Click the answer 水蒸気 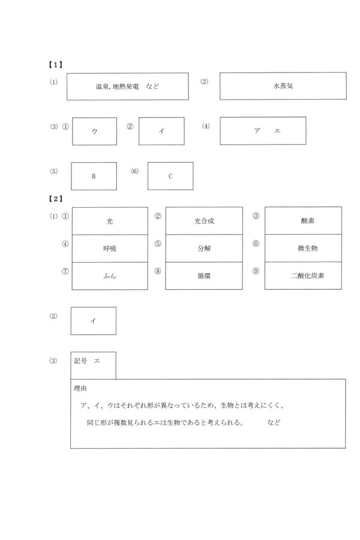coord(283,86)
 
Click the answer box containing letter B coord(94,176)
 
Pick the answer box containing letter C coord(170,176)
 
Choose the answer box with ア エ coord(263,131)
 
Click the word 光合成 coord(204,221)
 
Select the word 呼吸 coord(109,248)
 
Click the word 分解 coord(204,248)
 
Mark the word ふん coord(109,276)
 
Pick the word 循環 coord(204,276)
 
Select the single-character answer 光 coord(109,221)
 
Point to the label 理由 coord(81,389)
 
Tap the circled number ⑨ coord(256,271)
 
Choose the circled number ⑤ coord(158,244)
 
